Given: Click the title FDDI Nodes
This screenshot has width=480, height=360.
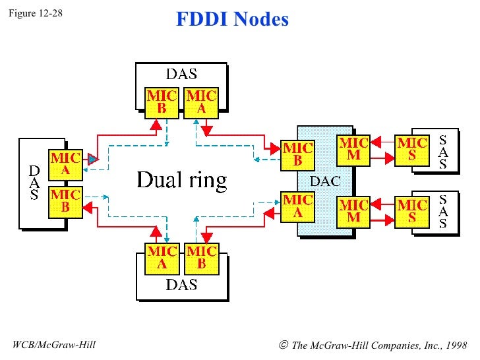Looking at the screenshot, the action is pos(232,19).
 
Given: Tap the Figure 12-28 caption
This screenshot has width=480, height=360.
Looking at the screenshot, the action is pos(36,13).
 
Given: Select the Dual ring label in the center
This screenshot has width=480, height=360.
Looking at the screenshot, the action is pos(182,180).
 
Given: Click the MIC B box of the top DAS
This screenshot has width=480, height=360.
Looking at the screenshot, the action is pos(162,103).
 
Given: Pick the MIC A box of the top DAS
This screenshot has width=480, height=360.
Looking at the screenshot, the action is pos(201,103).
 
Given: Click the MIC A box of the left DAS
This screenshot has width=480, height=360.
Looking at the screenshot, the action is pos(65,165).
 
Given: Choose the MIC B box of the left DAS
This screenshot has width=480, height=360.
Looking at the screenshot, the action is pos(65,202).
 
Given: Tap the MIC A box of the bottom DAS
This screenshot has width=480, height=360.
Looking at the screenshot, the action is pos(162,258).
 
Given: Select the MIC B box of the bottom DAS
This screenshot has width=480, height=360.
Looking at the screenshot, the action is pos(202,258).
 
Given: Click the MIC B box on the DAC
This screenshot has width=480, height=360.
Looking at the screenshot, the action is pos(297,155).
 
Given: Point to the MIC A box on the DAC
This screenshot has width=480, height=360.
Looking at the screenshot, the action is pos(297,207).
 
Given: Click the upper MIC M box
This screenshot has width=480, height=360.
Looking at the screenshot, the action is pos(353,150).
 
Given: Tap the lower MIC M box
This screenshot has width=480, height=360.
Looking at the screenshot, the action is pos(353,212).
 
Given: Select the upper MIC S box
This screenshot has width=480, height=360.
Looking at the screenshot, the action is pos(412,150).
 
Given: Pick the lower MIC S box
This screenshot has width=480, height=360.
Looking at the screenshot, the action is pos(412,212).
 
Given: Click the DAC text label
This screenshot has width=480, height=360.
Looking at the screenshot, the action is pos(326,181).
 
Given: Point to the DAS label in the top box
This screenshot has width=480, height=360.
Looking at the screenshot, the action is pos(181,74).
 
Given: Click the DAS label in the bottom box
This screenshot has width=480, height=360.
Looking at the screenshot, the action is pos(181,285).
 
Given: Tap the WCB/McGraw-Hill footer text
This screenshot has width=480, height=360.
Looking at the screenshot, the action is pos(54,345).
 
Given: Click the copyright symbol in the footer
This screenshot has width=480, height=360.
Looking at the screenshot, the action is pos(284,345).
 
